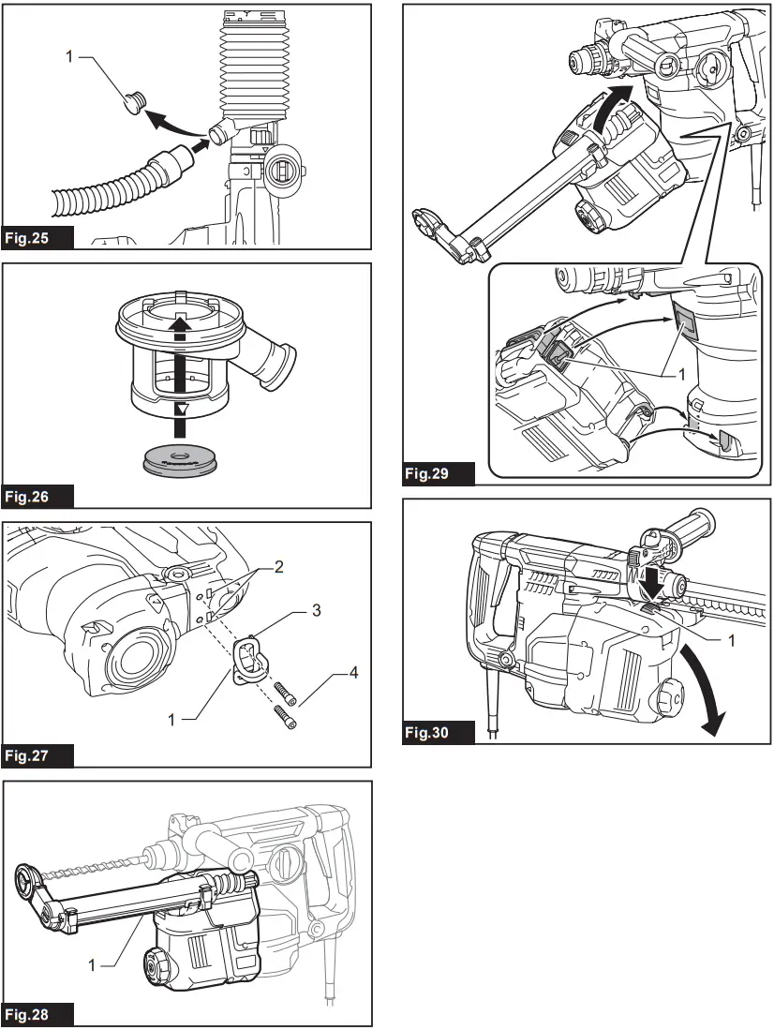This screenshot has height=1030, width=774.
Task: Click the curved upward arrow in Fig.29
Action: click(x=611, y=107)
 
